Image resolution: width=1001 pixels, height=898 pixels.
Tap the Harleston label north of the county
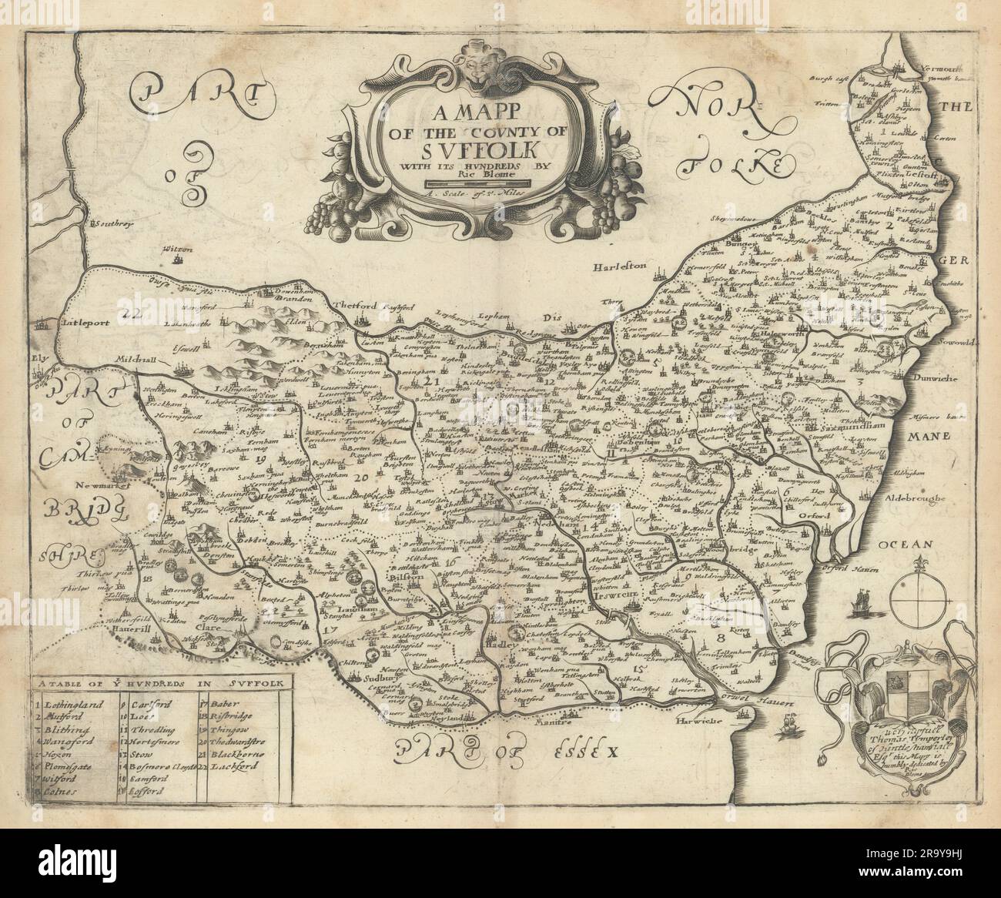coord(621,267)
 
